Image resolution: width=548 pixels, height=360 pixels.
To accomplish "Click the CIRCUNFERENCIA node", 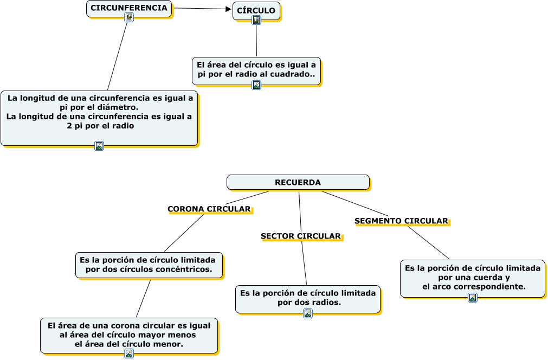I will (129, 8).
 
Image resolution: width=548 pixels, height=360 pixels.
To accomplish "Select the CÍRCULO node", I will (256, 10).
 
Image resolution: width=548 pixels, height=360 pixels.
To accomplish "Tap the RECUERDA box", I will (298, 182).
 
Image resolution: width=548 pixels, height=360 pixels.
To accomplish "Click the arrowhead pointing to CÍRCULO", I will (228, 9).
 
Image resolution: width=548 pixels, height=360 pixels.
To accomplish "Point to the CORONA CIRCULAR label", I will (209, 209).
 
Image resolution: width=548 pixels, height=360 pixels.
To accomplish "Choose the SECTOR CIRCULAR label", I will (301, 236).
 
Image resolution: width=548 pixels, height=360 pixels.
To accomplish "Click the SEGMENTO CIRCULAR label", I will (401, 221).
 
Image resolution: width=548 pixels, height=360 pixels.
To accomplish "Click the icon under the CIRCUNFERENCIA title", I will (129, 17).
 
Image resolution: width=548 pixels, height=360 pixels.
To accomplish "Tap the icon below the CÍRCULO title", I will (256, 20).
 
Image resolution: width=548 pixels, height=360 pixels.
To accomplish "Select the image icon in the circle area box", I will (256, 85).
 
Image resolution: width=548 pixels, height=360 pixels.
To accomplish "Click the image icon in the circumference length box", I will (99, 145).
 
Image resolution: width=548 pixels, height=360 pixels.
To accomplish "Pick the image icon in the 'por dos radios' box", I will (308, 313).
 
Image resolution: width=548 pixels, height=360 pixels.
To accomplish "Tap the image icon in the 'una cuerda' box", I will (473, 298).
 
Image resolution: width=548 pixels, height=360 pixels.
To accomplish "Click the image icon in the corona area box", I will (129, 353).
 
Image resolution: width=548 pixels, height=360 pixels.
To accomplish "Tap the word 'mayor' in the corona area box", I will (157, 335).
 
